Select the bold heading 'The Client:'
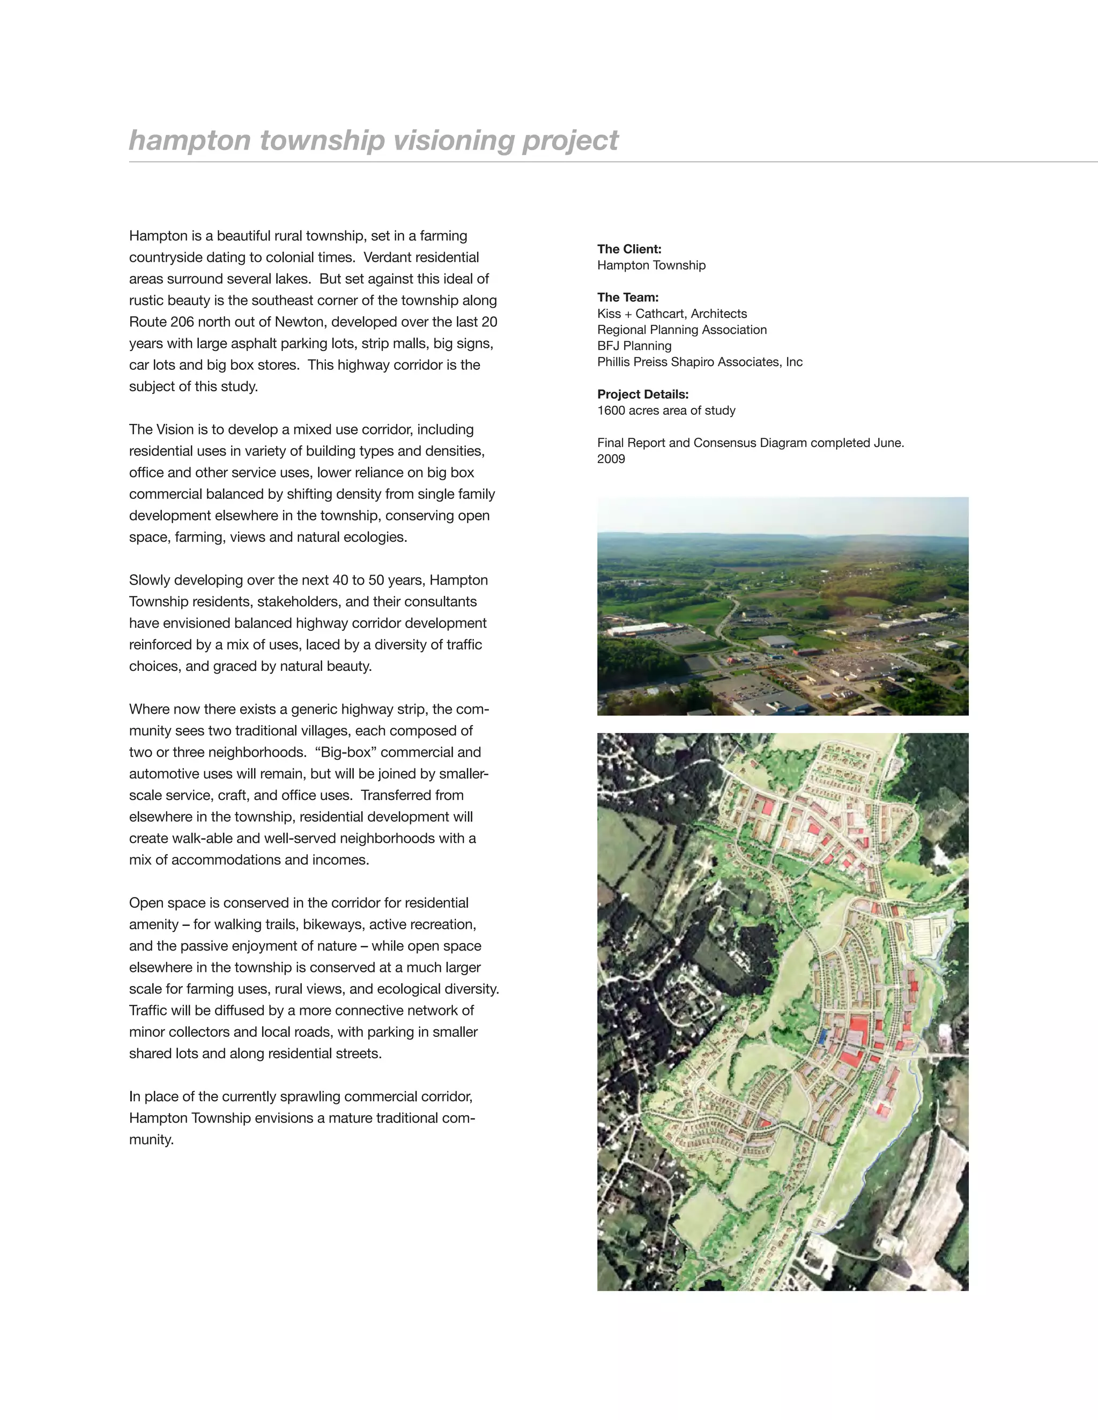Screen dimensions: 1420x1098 pos(629,249)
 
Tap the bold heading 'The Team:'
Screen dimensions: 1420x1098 pos(628,297)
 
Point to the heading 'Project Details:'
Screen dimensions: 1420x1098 pos(643,394)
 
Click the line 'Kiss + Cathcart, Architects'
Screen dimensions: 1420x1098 pos(672,313)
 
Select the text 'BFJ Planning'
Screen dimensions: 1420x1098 pos(634,346)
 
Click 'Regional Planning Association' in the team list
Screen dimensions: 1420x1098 pos(682,330)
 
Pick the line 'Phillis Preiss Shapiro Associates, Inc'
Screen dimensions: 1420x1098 pos(699,362)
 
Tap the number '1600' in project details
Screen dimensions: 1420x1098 pos(611,410)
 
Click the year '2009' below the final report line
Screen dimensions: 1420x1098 pos(611,459)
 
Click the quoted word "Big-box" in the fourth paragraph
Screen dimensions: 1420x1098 pos(345,752)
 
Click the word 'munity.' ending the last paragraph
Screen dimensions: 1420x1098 pos(151,1140)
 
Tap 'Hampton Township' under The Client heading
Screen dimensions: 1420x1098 pos(651,265)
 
